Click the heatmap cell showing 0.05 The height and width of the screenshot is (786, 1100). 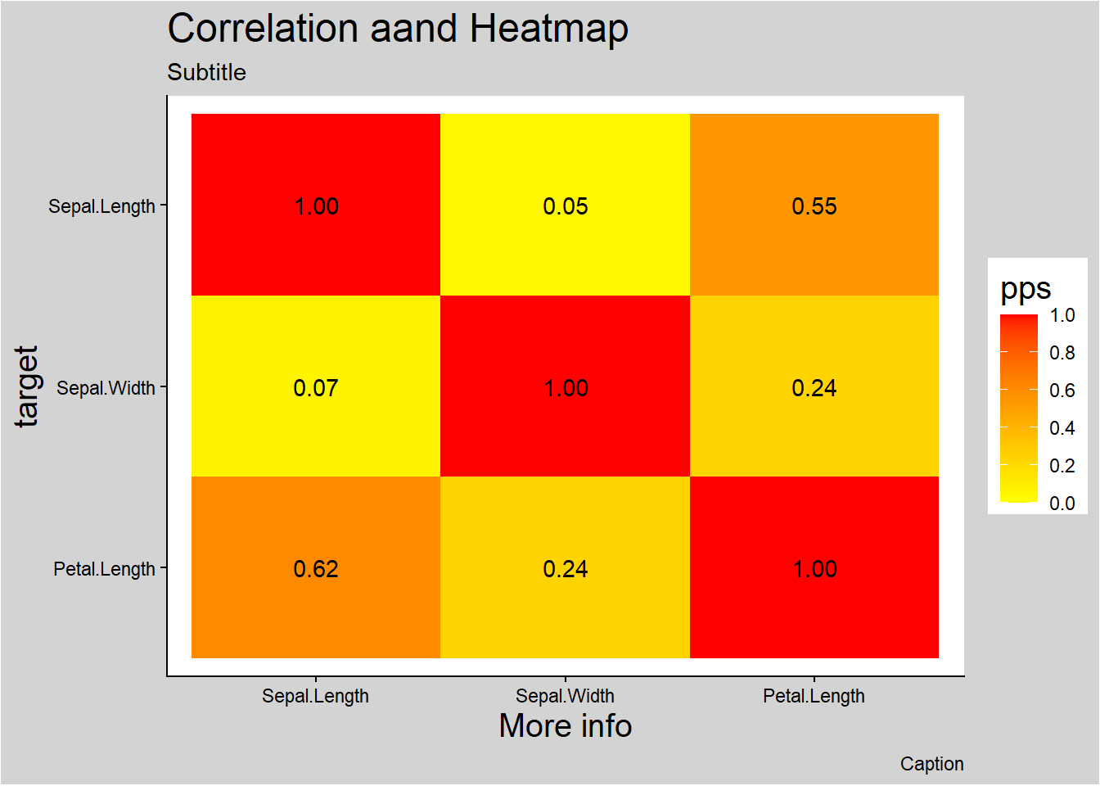pyautogui.click(x=565, y=206)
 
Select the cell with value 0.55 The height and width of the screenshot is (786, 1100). pyautogui.click(x=814, y=206)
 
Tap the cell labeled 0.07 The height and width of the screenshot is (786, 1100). pyautogui.click(x=316, y=387)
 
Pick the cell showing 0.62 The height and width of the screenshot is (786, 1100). pyautogui.click(x=316, y=568)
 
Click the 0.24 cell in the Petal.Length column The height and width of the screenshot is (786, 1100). pyautogui.click(x=814, y=387)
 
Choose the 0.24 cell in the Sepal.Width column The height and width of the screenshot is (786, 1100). pyautogui.click(x=565, y=568)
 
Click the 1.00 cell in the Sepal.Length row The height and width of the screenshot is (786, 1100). pyautogui.click(x=316, y=206)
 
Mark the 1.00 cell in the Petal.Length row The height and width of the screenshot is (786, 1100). pyautogui.click(x=814, y=568)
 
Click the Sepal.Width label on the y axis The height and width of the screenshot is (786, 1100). pyautogui.click(x=106, y=388)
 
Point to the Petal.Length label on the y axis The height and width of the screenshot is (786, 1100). pyautogui.click(x=104, y=569)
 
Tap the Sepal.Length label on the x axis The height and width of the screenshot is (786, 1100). pyautogui.click(x=315, y=696)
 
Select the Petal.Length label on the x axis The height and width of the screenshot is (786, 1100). pyautogui.click(x=814, y=696)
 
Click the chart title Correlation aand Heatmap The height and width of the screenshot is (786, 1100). pyautogui.click(x=398, y=29)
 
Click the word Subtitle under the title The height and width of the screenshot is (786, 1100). pyautogui.click(x=206, y=72)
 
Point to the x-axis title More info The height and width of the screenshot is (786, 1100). pyautogui.click(x=566, y=726)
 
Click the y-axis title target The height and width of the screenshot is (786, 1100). pyautogui.click(x=26, y=386)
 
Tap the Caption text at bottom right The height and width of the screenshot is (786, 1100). pyautogui.click(x=931, y=764)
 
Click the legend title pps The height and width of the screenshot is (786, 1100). pyautogui.click(x=1026, y=289)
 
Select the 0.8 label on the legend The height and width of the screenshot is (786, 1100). pyautogui.click(x=1062, y=353)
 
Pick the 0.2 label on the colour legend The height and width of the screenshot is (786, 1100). pyautogui.click(x=1062, y=466)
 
